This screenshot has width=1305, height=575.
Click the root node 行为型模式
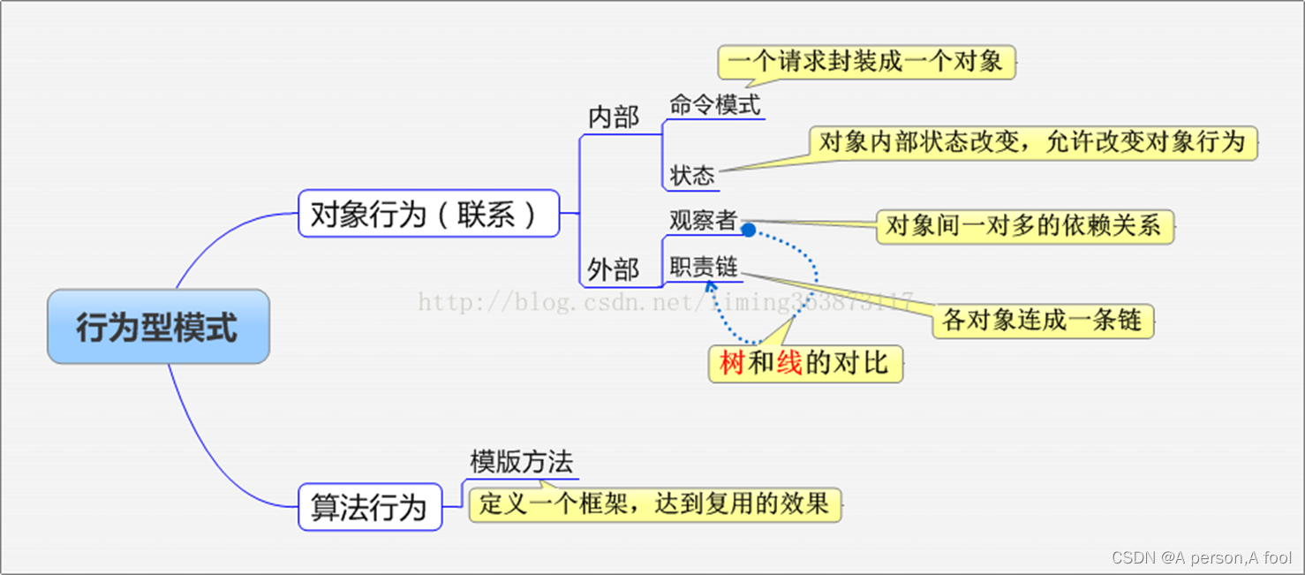(157, 327)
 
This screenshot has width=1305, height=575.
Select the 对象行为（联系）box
(428, 214)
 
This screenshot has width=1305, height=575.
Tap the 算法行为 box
(369, 507)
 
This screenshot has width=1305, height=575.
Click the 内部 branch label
(613, 117)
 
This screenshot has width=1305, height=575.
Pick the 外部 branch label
(613, 269)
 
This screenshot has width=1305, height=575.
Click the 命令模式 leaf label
(714, 104)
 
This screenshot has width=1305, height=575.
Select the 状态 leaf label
(691, 175)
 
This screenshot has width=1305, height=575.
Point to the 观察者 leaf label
(702, 220)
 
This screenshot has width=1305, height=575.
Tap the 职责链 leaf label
(703, 266)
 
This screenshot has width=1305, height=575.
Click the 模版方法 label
(521, 461)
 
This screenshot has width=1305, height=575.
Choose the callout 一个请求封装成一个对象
(866, 62)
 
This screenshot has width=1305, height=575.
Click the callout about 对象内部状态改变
(1031, 142)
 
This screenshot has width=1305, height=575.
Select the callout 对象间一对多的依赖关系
(1023, 226)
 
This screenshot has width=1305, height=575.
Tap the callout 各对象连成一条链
(1042, 320)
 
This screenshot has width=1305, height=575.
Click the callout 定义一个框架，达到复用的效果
(654, 503)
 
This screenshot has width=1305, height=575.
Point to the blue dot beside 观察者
(748, 230)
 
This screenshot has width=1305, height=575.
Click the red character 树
(732, 363)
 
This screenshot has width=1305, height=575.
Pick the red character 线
(789, 363)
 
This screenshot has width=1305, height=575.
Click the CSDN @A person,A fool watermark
(1202, 557)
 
